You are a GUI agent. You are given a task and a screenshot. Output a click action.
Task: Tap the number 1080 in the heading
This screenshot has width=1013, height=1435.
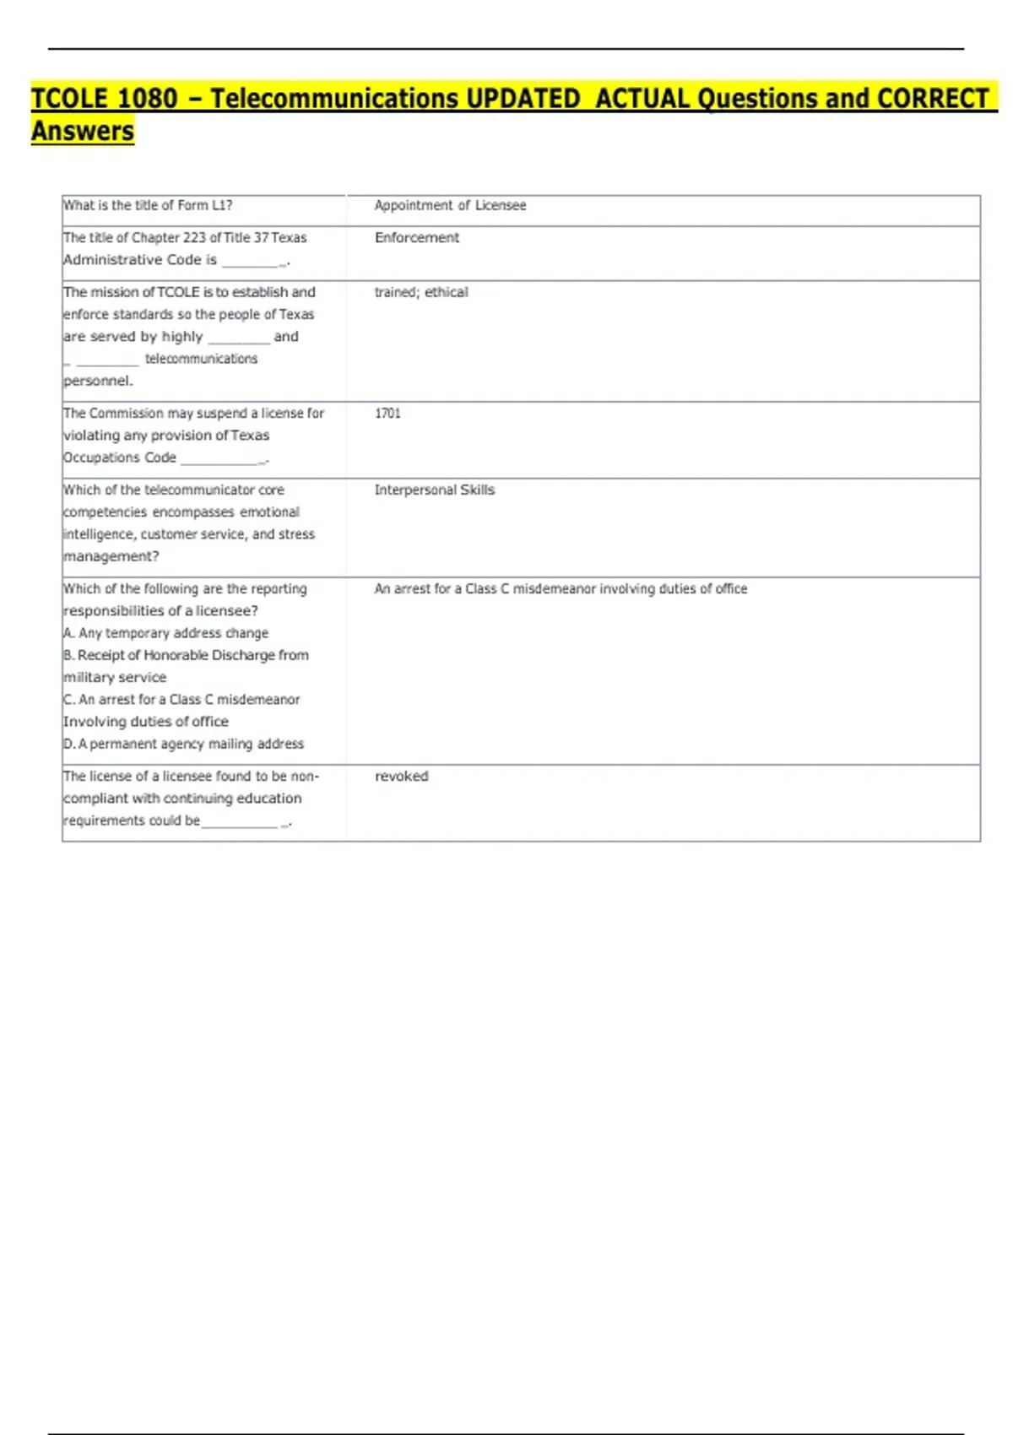(x=147, y=99)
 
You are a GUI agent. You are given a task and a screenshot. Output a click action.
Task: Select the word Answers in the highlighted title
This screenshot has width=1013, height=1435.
(x=83, y=132)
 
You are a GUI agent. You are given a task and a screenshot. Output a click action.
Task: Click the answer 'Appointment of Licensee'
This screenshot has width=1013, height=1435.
(x=450, y=205)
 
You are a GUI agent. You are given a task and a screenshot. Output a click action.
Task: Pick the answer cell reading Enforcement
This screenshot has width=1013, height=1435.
(x=417, y=238)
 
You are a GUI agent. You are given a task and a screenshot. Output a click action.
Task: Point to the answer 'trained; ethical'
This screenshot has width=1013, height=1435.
(x=421, y=292)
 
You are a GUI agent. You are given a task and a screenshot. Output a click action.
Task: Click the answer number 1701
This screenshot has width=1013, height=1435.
(x=387, y=414)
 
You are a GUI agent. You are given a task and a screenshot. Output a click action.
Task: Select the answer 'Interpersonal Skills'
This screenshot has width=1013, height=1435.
(x=435, y=490)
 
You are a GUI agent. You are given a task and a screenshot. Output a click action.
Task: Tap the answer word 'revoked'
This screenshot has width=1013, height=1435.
(x=402, y=776)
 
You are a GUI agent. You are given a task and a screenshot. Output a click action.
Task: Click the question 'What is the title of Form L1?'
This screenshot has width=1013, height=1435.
(x=148, y=205)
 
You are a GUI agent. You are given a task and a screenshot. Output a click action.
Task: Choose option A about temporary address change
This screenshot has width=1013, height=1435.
(x=166, y=633)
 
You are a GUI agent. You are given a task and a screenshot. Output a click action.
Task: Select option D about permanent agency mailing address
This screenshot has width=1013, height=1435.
(x=184, y=744)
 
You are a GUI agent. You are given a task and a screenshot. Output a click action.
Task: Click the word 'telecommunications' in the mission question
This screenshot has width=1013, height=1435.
(x=201, y=359)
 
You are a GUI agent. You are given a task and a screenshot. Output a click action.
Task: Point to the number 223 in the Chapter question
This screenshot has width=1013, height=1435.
(x=195, y=238)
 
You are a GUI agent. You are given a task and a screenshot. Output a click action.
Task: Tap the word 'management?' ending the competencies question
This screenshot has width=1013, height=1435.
(x=111, y=556)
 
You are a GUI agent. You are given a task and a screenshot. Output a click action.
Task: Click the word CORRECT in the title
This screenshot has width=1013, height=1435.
(x=933, y=99)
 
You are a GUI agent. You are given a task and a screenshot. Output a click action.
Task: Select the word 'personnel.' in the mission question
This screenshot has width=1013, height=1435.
(x=98, y=381)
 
